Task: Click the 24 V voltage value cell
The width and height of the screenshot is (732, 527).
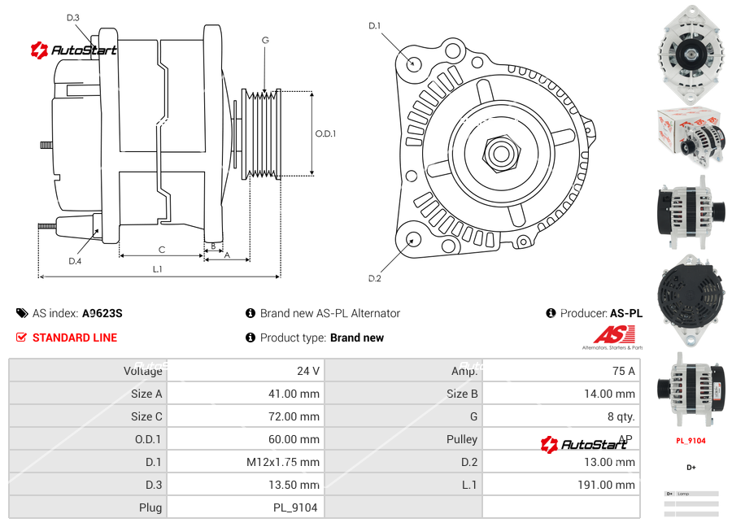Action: [307, 371]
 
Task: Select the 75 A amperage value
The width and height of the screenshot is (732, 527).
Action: [623, 371]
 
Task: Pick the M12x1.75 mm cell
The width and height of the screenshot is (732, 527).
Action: [283, 462]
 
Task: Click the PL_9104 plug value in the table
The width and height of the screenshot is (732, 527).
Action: [295, 507]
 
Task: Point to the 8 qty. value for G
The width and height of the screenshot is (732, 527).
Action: [621, 416]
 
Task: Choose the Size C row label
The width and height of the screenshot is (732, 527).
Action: [146, 416]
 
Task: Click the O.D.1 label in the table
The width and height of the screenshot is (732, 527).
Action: [148, 439]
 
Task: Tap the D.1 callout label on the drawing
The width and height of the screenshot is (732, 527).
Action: [374, 26]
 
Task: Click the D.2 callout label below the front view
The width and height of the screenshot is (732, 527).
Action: [374, 279]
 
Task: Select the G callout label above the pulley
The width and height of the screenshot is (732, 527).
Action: [265, 40]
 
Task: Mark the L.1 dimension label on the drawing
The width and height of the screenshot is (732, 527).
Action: [157, 269]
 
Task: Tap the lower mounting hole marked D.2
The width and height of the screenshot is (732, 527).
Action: [413, 239]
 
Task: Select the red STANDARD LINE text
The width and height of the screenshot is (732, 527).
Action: [75, 338]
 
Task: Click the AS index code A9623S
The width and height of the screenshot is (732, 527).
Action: [102, 313]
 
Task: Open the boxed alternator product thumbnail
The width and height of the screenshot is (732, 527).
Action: [690, 135]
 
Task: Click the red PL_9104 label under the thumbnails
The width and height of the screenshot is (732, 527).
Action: [691, 441]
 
